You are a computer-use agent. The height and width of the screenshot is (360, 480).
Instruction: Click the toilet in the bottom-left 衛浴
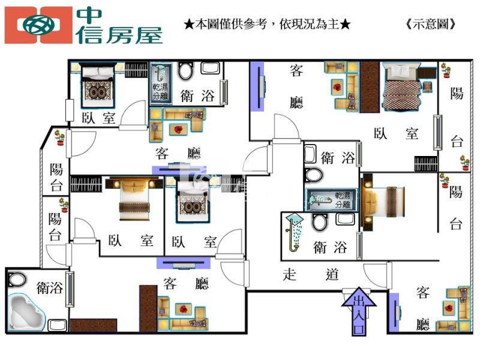[x=17, y=280]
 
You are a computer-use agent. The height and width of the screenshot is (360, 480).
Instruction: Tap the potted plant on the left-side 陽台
[x=60, y=139]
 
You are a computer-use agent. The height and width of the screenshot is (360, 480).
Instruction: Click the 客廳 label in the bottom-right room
[x=422, y=308]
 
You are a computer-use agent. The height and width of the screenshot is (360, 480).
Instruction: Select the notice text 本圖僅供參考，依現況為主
[x=267, y=25]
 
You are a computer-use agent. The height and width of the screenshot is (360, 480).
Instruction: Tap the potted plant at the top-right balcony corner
[x=445, y=70]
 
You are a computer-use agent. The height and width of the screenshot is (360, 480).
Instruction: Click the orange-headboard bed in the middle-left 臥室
[x=134, y=198]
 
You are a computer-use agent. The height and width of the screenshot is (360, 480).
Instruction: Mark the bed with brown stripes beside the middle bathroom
[x=384, y=197]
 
